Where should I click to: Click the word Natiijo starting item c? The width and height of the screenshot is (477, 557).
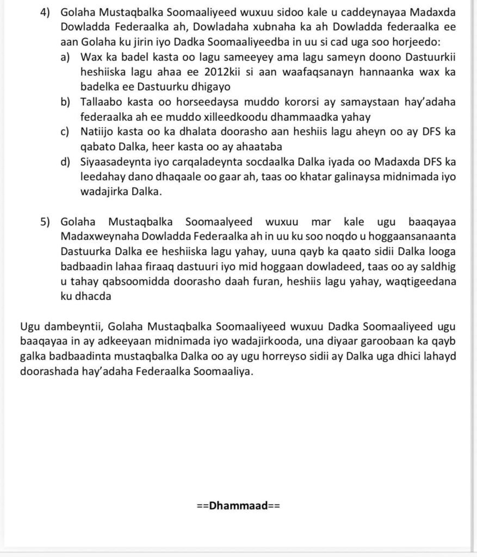[x=97, y=132]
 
